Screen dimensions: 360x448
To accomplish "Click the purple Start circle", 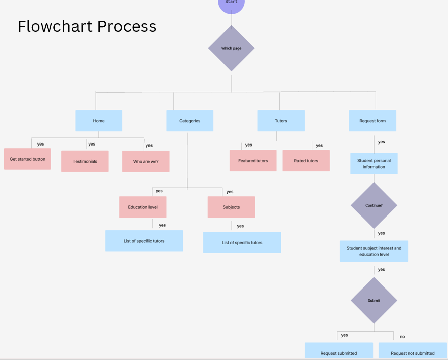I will point(231,4).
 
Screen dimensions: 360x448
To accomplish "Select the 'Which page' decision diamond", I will point(232,48).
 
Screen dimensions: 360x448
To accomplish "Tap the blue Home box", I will point(99,121).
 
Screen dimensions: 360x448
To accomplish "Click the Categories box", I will point(190,121).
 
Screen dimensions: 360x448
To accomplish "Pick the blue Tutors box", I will point(281,121).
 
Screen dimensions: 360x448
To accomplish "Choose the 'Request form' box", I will point(372,121).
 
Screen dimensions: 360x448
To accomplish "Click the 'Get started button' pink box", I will point(27,159).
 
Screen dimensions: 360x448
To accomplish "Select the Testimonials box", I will point(85,161).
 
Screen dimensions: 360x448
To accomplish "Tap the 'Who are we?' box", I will point(145,161).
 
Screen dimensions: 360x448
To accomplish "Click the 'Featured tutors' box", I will point(253,161).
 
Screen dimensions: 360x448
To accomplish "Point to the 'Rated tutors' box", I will point(306,161).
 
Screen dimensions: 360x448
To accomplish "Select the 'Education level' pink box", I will point(142,207).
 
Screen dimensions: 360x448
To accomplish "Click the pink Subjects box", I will point(231,207).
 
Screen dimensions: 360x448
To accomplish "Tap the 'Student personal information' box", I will point(374,164).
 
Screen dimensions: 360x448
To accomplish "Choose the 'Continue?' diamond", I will point(374,205).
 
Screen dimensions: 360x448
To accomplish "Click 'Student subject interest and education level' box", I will point(374,251).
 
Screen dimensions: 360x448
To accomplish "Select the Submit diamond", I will point(374,301).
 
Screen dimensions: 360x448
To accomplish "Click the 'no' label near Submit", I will point(402,336).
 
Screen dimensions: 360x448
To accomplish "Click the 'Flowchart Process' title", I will point(87,26).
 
